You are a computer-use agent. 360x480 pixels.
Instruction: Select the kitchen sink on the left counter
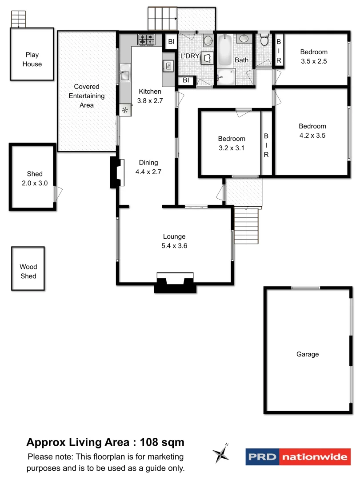(x=124, y=72)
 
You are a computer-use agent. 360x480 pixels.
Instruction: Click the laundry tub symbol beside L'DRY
(x=207, y=58)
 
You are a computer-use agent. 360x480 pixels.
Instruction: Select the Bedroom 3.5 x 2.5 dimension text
(x=313, y=62)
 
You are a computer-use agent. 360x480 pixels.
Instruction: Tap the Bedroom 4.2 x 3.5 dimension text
(x=312, y=136)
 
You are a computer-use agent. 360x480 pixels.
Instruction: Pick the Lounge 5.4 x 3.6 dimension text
(x=174, y=246)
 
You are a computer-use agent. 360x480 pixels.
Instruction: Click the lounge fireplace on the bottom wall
(x=175, y=283)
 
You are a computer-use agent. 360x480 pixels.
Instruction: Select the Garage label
(x=308, y=354)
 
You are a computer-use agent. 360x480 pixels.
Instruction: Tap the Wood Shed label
(x=28, y=272)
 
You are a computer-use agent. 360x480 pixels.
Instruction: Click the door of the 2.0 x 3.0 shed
(x=58, y=194)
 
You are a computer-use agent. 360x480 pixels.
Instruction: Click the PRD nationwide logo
(x=298, y=456)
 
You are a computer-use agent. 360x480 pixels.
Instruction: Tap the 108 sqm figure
(x=162, y=442)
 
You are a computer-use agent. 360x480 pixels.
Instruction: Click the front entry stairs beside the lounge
(x=246, y=226)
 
